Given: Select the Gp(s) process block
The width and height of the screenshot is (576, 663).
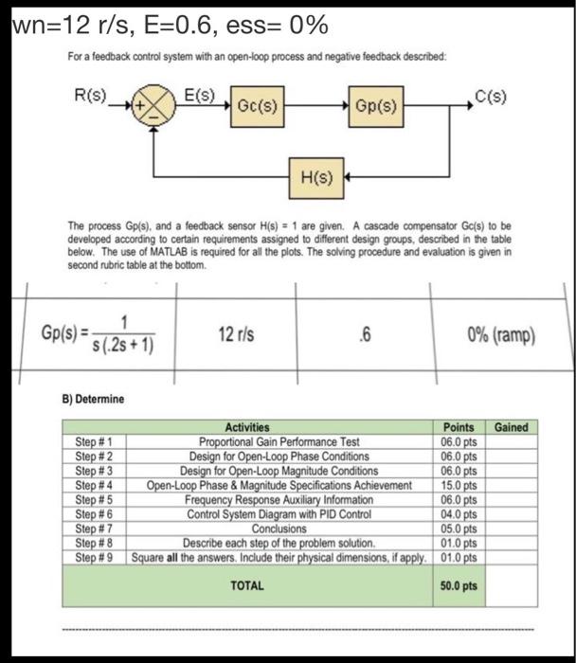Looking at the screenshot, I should tap(377, 107).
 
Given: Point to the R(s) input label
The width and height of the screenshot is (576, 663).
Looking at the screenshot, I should tap(92, 96).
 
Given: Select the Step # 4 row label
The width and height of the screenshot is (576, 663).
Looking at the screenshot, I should tap(95, 485).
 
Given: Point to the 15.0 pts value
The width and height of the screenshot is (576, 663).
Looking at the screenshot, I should tap(459, 485).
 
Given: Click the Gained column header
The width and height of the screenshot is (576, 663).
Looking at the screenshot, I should tap(511, 427).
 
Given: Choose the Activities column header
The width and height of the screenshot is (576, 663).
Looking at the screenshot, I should tap(247, 428).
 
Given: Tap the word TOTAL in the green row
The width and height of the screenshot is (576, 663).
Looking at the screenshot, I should tap(248, 586).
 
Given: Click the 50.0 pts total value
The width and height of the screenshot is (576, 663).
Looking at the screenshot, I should tap(459, 586).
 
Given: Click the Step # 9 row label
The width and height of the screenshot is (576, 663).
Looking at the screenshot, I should tap(95, 556).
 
